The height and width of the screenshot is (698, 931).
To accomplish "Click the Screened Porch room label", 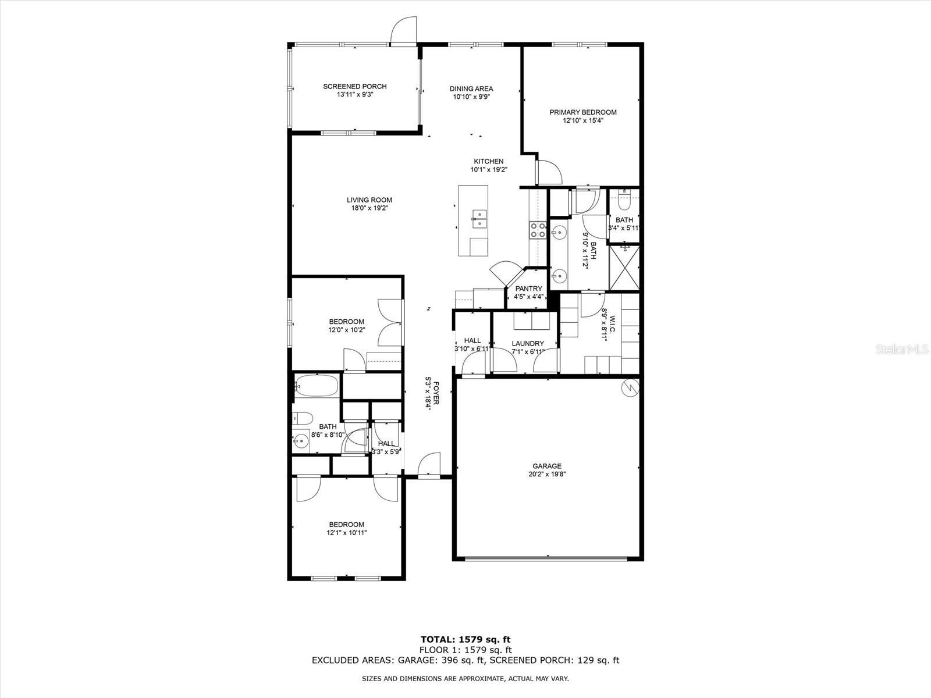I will (x=355, y=86).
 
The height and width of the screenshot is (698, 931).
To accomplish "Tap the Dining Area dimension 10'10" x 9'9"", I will (x=471, y=97).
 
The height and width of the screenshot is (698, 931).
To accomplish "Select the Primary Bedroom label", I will (x=583, y=112).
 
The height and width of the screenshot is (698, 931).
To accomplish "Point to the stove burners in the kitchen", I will (x=537, y=230).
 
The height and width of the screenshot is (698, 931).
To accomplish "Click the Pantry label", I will (x=528, y=289).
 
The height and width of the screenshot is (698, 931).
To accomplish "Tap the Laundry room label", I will (x=528, y=344).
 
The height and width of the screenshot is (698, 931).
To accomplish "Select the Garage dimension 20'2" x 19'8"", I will (x=547, y=474).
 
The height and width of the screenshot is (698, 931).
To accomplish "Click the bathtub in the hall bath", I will (x=316, y=385).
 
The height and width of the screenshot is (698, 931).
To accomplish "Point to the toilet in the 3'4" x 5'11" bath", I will (x=624, y=202).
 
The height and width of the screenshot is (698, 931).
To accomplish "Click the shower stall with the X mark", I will (x=624, y=267).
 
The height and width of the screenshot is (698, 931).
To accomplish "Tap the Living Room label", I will (x=369, y=200).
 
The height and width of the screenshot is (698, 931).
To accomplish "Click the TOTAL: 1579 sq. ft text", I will (x=465, y=640).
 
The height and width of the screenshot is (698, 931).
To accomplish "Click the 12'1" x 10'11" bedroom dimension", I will (x=346, y=532).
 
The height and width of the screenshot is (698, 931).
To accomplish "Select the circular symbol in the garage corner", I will (x=630, y=388).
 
